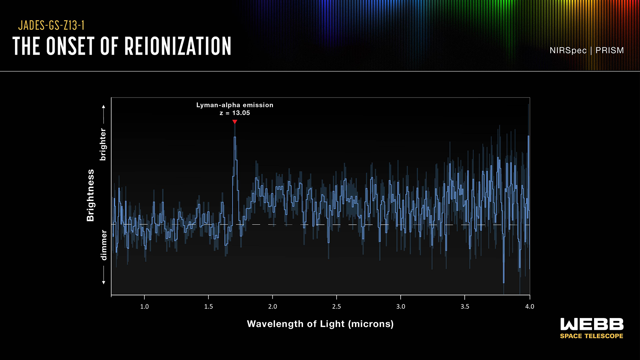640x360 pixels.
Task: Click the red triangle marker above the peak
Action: (x=235, y=122)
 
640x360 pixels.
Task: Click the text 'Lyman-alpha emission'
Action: (x=235, y=105)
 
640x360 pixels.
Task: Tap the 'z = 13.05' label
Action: (x=235, y=113)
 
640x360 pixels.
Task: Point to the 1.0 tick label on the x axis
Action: (x=144, y=307)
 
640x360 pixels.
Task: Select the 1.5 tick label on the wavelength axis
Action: (x=208, y=307)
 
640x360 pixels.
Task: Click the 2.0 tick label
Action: (x=272, y=307)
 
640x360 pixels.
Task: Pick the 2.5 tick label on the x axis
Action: (x=336, y=307)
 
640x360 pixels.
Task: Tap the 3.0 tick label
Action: (x=401, y=307)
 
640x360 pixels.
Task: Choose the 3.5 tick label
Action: (x=465, y=307)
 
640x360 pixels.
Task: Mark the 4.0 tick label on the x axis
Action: (x=529, y=307)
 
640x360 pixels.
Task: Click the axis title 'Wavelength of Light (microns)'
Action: (x=320, y=324)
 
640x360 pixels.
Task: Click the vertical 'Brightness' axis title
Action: (x=90, y=195)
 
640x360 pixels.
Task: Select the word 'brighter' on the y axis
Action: (x=103, y=144)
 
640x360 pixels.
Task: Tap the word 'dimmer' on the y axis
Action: (x=104, y=245)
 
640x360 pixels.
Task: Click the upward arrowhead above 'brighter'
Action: (x=103, y=107)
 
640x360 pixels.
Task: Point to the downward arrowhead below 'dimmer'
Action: (x=103, y=283)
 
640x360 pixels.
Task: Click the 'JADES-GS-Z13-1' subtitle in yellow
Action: (x=51, y=25)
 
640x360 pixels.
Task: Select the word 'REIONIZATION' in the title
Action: (x=178, y=46)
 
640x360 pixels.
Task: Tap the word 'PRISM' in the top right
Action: (x=609, y=50)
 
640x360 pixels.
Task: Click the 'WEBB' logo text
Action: (x=592, y=324)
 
